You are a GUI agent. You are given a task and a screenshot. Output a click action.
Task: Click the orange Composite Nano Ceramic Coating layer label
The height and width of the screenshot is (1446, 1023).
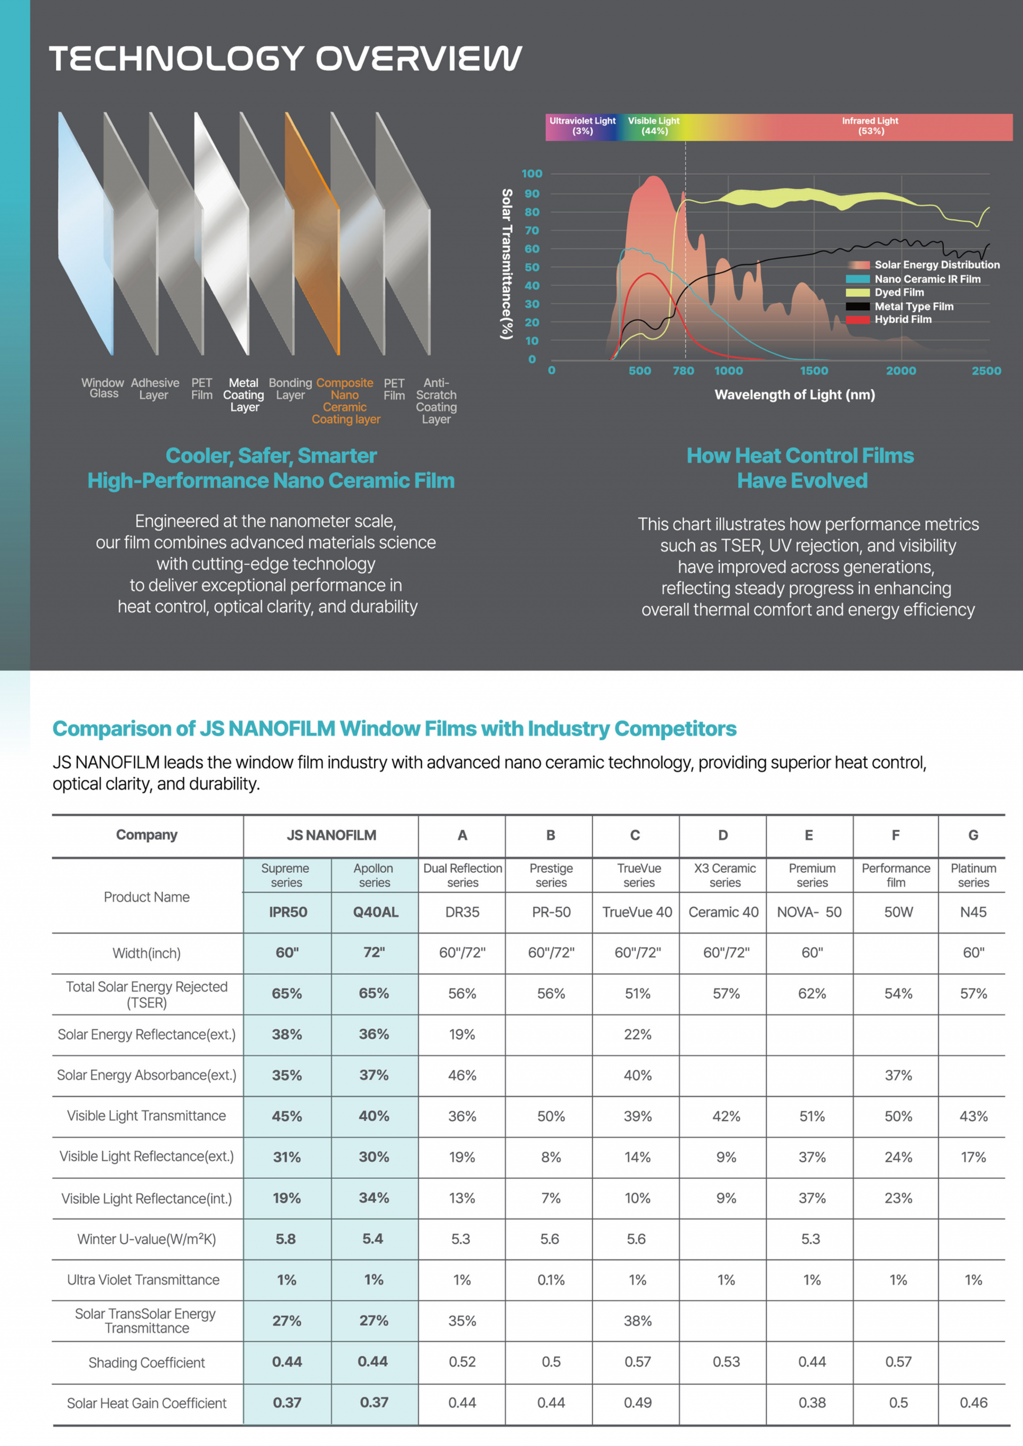[346, 401]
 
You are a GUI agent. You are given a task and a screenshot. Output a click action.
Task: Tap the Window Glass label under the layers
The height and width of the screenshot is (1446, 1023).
[103, 388]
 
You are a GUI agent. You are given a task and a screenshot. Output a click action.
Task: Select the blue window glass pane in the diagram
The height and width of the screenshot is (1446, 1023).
[86, 233]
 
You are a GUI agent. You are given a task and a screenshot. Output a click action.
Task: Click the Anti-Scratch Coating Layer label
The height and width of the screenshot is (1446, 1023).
[436, 401]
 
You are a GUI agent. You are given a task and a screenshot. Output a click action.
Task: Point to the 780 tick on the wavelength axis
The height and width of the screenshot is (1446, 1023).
[684, 371]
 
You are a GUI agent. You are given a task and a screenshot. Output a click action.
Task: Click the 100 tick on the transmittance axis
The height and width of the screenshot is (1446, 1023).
[532, 174]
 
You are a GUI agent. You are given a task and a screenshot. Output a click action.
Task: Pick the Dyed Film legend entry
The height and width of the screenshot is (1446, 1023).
[885, 292]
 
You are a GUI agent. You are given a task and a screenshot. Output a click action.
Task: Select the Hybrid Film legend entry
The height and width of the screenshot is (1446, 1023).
[889, 319]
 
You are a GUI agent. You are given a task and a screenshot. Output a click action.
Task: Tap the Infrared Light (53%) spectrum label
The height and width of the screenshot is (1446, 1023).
[871, 126]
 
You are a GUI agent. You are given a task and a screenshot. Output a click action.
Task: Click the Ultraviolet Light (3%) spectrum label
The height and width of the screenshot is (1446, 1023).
[583, 126]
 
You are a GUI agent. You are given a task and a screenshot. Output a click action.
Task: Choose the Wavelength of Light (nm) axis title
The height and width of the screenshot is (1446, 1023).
[795, 395]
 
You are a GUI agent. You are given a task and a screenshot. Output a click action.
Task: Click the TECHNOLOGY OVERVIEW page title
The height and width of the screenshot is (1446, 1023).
[286, 59]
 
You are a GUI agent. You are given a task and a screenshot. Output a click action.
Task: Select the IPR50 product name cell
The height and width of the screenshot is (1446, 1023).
[288, 912]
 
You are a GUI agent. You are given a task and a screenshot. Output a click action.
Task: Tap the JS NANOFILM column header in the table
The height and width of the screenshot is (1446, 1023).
[331, 835]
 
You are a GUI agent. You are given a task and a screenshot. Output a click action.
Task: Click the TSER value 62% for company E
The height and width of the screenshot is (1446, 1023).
[812, 993]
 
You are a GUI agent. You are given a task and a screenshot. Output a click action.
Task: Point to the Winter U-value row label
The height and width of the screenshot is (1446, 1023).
[147, 1239]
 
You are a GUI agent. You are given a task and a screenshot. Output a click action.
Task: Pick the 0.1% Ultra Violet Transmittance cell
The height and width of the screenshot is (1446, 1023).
[551, 1280]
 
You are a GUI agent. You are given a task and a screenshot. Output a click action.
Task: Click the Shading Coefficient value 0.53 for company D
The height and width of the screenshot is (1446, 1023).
[726, 1362]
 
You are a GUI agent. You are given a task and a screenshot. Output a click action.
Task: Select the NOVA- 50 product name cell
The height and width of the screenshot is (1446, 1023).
[809, 912]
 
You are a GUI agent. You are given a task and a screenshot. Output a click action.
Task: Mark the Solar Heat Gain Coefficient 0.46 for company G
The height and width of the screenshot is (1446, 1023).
[974, 1402]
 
